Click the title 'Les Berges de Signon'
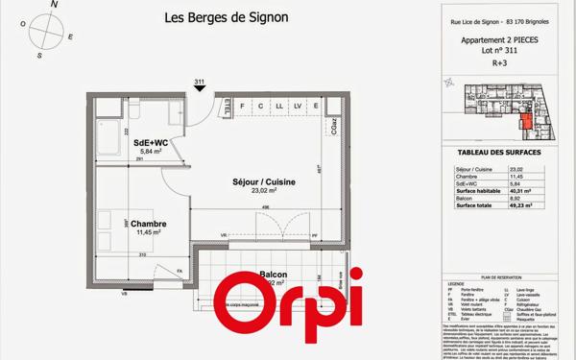(x=226, y=17)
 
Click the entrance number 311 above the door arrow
(x=200, y=82)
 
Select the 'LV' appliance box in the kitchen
(x=299, y=106)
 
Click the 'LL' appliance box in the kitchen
(x=278, y=106)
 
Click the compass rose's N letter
(x=55, y=6)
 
